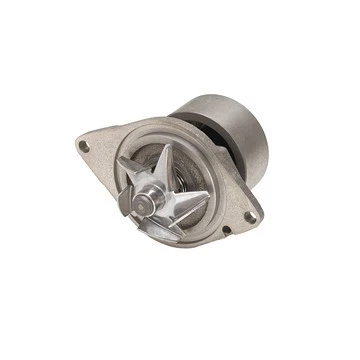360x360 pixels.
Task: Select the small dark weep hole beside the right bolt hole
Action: [227, 231]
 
